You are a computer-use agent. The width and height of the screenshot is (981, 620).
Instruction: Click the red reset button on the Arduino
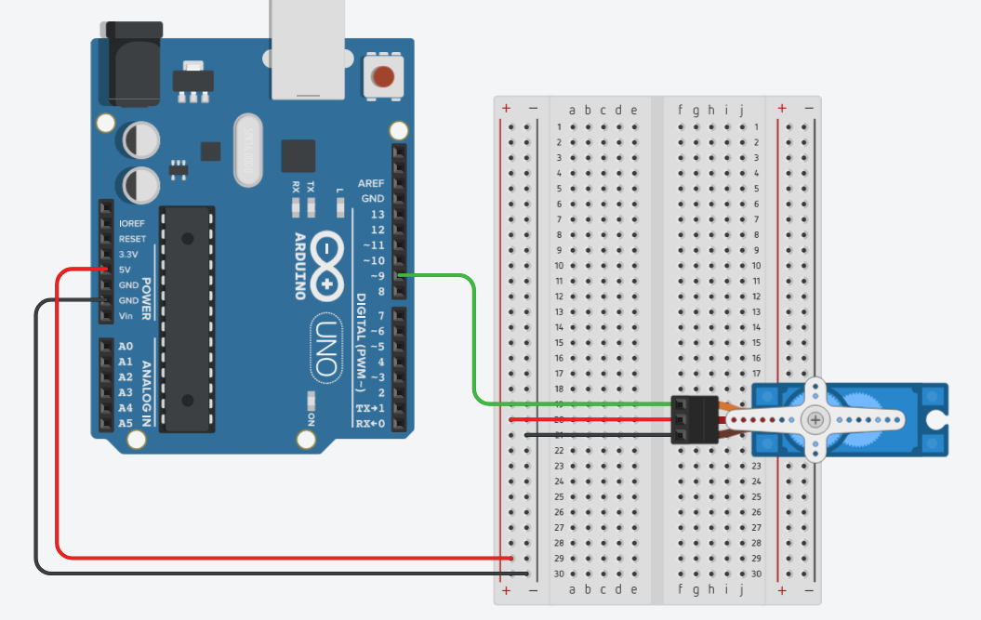pos(383,76)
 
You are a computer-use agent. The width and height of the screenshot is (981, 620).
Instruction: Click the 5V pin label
pos(125,270)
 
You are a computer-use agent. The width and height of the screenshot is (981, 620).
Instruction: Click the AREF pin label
pos(371,184)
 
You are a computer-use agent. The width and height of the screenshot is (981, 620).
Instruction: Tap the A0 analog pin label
pos(126,346)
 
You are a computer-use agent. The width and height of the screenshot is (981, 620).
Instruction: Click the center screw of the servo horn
pos(815,420)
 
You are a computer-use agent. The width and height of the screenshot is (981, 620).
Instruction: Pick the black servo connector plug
pos(695,419)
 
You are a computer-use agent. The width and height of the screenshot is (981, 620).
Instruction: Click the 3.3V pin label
pos(128,255)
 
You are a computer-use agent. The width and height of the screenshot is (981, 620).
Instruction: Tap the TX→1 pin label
pos(370,408)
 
